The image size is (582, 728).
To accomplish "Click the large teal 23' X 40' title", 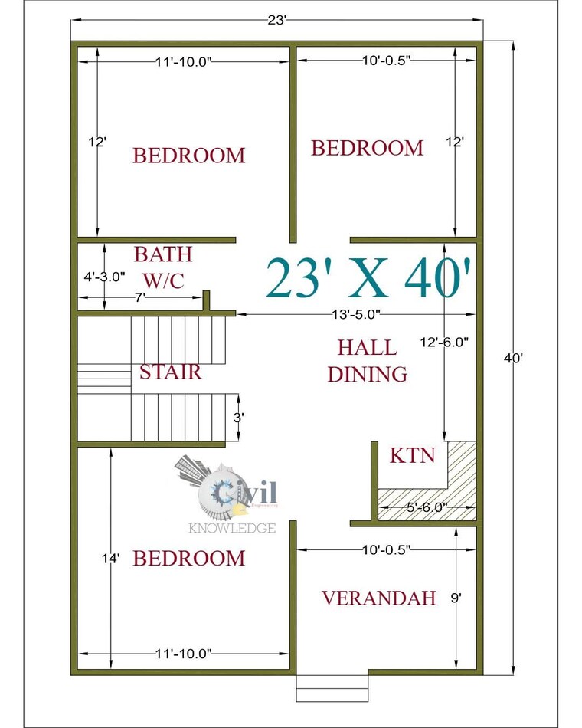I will (368, 279).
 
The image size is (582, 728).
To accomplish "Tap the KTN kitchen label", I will (412, 456).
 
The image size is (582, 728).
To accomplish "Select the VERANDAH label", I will (378, 598).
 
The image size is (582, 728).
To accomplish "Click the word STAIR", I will (170, 372).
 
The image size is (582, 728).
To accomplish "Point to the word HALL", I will (368, 348).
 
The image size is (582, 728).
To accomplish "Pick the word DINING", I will (367, 375).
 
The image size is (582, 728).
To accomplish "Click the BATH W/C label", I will (163, 267).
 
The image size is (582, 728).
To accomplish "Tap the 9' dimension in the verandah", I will (456, 598).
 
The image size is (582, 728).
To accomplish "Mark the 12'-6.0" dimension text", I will (446, 343).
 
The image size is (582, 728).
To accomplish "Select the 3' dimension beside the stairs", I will (238, 418).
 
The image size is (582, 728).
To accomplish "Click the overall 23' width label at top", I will (276, 21).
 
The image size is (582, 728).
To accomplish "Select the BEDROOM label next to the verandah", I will (189, 559).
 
